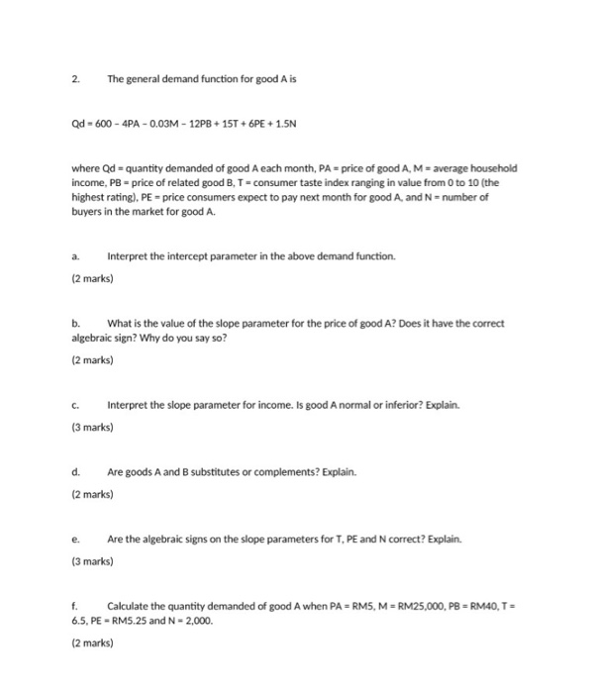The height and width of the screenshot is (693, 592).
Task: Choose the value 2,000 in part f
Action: (197, 620)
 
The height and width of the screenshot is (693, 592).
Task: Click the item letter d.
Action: (76, 474)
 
